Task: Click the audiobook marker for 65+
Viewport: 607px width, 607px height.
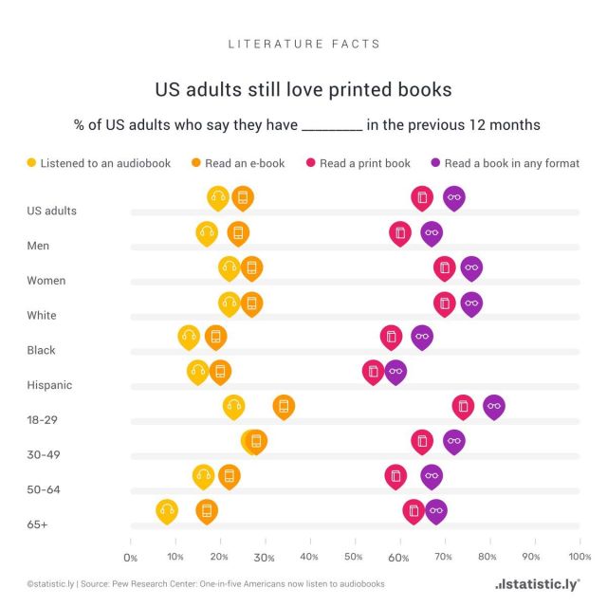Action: click(167, 511)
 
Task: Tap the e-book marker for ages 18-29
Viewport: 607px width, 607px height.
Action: click(283, 407)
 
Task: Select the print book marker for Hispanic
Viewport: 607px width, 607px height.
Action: click(373, 371)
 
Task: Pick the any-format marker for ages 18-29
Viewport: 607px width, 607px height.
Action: click(493, 407)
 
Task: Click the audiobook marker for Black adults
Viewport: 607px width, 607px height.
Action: click(189, 336)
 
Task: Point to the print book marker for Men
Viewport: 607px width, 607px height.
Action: click(400, 232)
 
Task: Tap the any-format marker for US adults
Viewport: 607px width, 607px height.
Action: click(454, 197)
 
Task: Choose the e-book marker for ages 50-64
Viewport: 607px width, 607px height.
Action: click(229, 476)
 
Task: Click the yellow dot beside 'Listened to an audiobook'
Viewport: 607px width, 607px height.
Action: click(33, 163)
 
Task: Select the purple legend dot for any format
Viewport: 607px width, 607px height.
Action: click(435, 163)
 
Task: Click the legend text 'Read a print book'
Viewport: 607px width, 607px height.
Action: click(365, 163)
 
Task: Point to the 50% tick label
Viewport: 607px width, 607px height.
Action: click(353, 557)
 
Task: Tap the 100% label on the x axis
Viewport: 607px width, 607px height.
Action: click(578, 557)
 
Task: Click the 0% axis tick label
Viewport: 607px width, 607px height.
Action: click(131, 557)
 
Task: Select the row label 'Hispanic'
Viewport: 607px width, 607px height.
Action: click(50, 385)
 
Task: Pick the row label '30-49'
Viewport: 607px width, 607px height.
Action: click(44, 454)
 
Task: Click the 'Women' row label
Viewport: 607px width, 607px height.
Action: click(46, 281)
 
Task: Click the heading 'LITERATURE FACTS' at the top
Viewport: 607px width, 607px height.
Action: click(304, 44)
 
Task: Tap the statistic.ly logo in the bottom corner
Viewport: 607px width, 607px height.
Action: click(538, 583)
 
